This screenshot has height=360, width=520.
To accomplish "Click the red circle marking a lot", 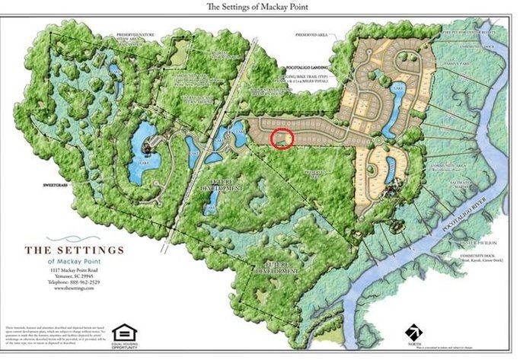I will (x=282, y=138).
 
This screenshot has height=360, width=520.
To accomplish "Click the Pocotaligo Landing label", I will (x=308, y=66).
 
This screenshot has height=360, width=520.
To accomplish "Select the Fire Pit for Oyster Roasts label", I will (x=480, y=33).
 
